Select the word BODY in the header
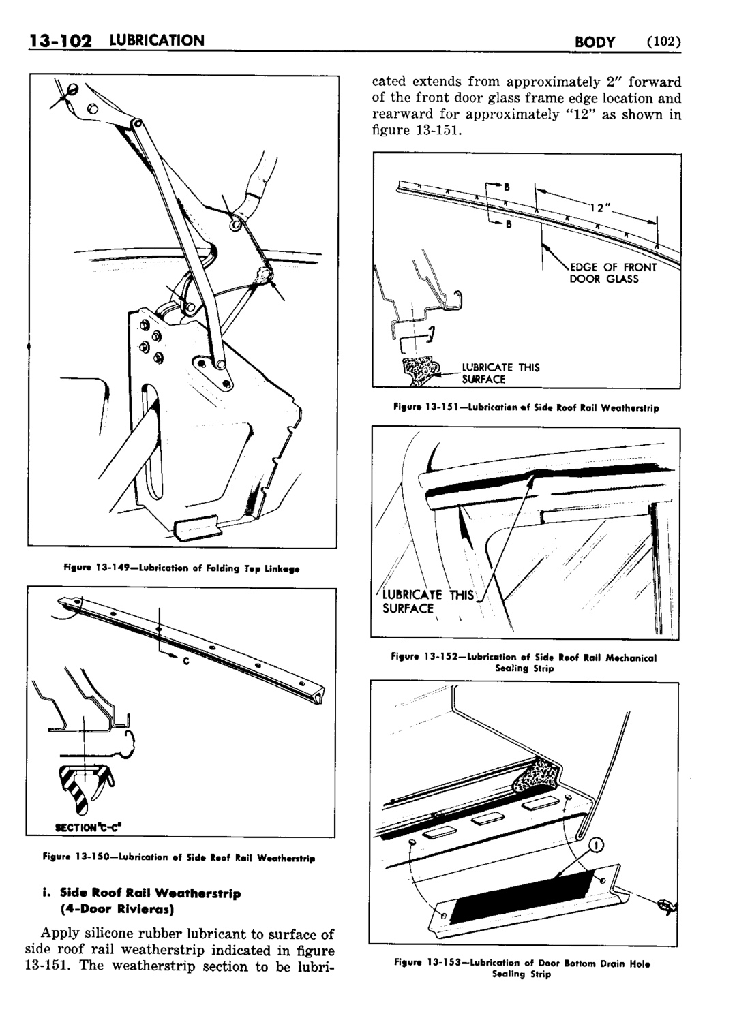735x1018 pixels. pyautogui.click(x=595, y=42)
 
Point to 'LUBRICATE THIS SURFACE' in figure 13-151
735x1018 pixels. pyautogui.click(x=500, y=373)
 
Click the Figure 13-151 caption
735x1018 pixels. pyautogui.click(x=526, y=407)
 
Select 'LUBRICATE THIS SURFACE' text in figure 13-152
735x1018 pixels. pyautogui.click(x=428, y=601)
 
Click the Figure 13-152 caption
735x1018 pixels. pyautogui.click(x=524, y=663)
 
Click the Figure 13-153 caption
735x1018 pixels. pyautogui.click(x=522, y=968)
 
